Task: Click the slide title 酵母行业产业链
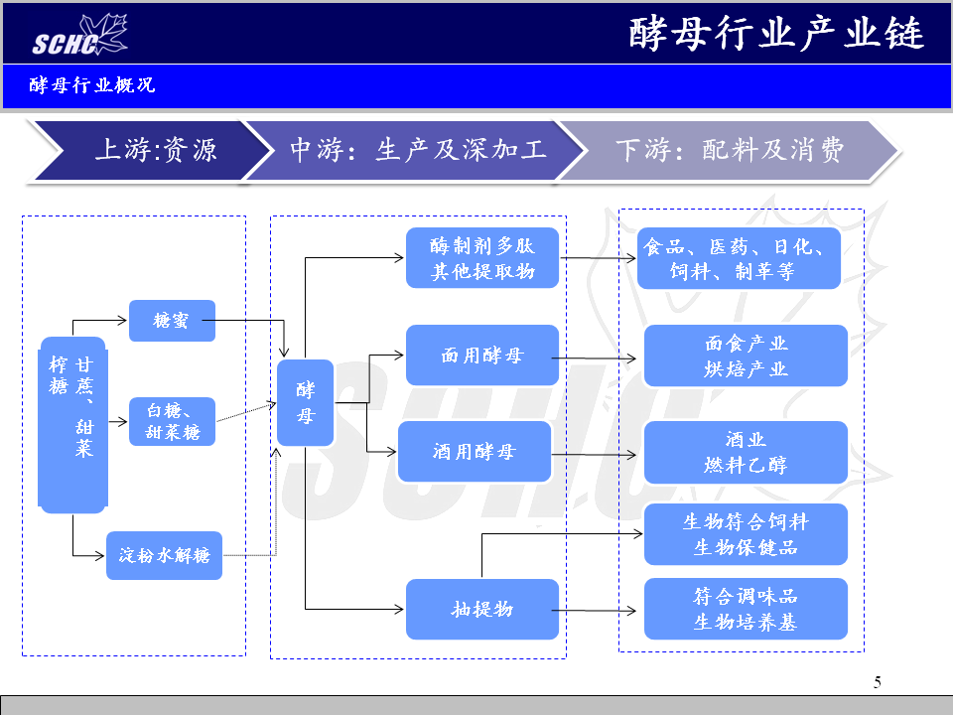pos(776,34)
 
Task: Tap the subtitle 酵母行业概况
pos(92,85)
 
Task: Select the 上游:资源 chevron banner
pos(149,150)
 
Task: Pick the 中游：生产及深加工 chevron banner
pos(417,150)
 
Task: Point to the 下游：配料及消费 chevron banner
pos(730,150)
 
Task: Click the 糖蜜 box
pos(172,321)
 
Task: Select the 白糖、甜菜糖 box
pos(172,421)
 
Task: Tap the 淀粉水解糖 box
pos(164,555)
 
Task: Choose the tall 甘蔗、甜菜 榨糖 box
pos(71,424)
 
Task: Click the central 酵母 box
pos(305,402)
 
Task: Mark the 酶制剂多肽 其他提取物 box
pos(482,258)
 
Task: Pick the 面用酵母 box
pos(482,356)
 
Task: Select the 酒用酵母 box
pos(475,452)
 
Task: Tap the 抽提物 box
pos(482,609)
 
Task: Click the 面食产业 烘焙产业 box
pos(746,356)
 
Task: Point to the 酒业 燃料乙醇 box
pos(746,452)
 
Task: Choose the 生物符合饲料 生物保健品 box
pos(746,534)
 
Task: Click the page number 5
pos(877,682)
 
